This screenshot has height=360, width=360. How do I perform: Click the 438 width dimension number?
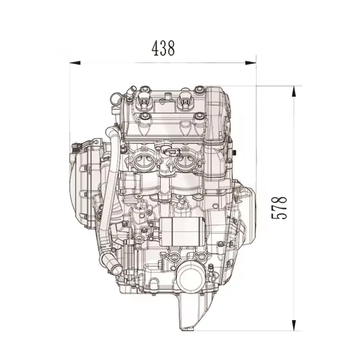click(x=163, y=48)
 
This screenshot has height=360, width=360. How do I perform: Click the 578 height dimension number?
click(x=279, y=208)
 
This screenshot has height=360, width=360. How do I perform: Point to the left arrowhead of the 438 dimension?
click(x=75, y=63)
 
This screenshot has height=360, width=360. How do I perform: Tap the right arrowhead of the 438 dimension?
click(x=251, y=63)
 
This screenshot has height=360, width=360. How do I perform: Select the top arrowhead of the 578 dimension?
click(x=295, y=91)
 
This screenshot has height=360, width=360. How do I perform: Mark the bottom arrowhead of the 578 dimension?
click(x=295, y=325)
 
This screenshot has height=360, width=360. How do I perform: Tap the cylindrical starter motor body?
click(x=182, y=231)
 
